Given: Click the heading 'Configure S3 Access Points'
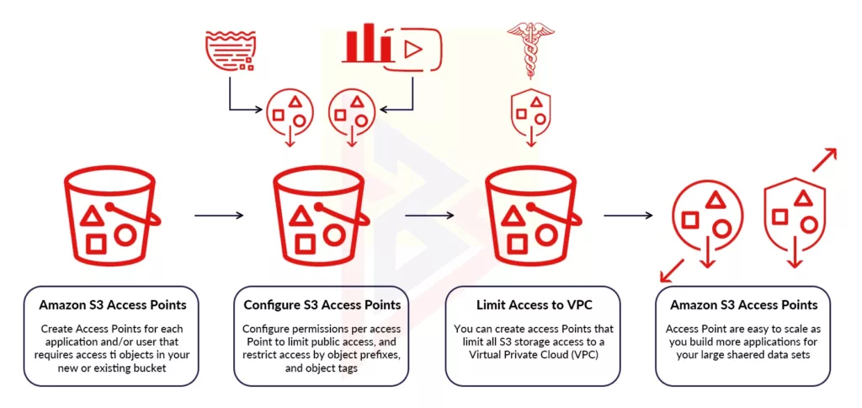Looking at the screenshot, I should click(322, 304).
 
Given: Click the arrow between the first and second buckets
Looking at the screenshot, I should click(218, 216).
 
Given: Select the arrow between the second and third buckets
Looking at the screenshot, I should click(429, 216).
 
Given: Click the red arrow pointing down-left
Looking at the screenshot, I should click(671, 271).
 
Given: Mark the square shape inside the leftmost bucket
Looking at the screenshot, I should click(95, 243).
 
